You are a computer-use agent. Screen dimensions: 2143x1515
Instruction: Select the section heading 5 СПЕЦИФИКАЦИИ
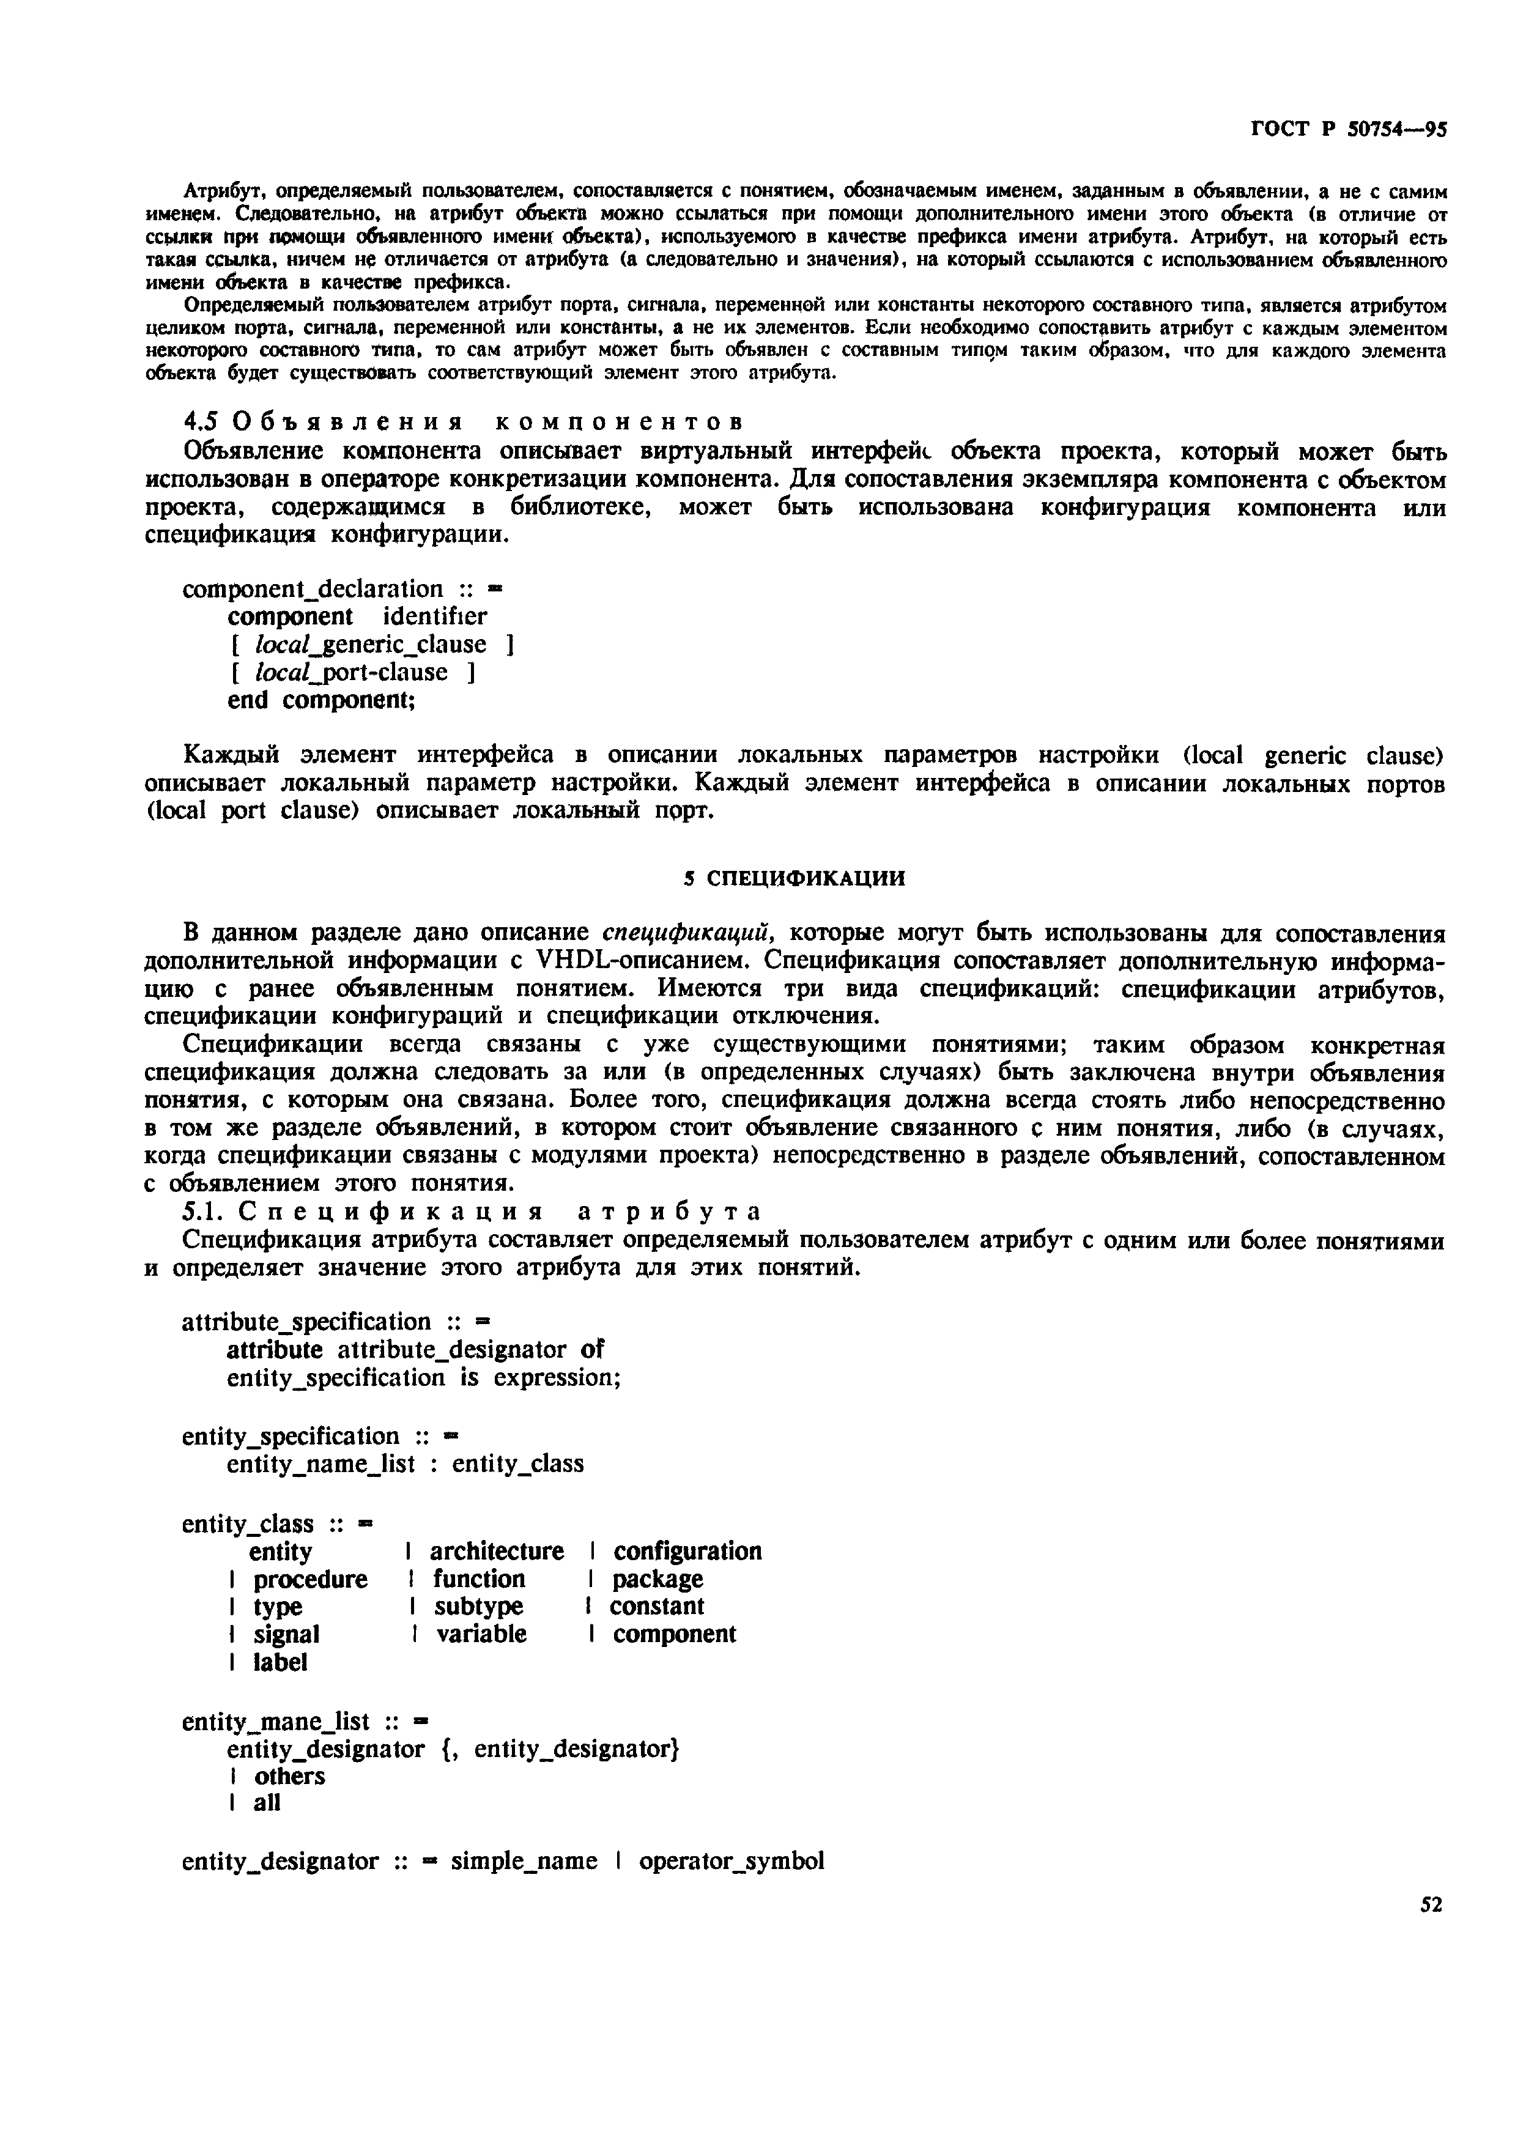click(x=795, y=878)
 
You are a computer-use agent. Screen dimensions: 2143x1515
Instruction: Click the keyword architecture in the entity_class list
click(x=497, y=1551)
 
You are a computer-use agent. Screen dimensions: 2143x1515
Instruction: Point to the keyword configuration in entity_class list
click(x=687, y=1551)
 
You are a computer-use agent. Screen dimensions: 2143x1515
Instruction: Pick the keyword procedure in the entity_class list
click(x=310, y=1579)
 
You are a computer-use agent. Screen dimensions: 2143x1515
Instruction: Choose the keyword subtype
click(x=478, y=1606)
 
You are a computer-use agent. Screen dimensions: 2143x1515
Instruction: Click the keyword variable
click(x=481, y=1634)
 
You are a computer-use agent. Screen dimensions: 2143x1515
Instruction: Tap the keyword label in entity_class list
click(x=280, y=1662)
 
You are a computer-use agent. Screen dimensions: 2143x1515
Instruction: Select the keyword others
click(x=289, y=1775)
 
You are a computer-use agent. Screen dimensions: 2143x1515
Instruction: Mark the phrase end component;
click(x=321, y=700)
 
